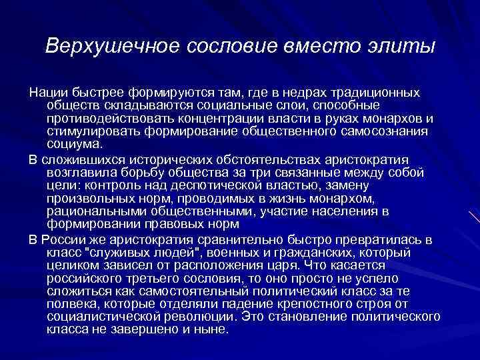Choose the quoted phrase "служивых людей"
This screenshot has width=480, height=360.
[127, 252]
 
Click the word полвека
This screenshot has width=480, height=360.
[70, 303]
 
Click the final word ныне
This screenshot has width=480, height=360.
[212, 329]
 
